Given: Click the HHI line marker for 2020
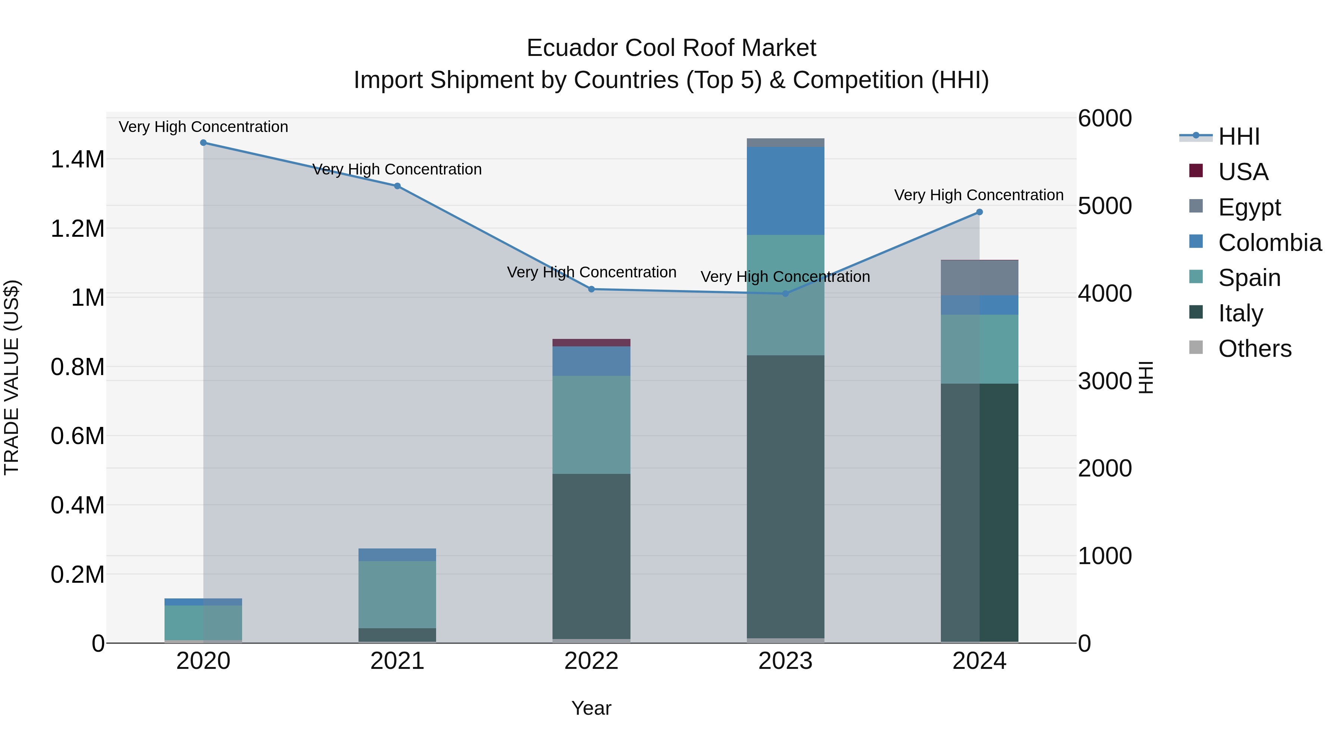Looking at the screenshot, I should [x=203, y=143].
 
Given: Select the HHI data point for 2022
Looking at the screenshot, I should [x=591, y=289].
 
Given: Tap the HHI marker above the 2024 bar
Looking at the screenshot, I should [x=979, y=212].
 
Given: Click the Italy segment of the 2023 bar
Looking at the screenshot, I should [x=785, y=495].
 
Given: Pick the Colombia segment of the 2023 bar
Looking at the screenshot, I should [x=785, y=190].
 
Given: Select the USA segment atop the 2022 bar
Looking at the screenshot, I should [x=591, y=342].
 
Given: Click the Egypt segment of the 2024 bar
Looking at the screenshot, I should [x=979, y=278].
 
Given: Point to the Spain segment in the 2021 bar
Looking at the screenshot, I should [x=397, y=594].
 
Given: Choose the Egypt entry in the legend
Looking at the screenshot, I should [x=1249, y=207].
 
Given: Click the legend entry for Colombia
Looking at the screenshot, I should [x=1270, y=243].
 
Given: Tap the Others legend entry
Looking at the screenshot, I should [x=1254, y=349].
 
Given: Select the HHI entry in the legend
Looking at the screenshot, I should [x=1239, y=136].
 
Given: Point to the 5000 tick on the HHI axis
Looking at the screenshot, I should [x=1104, y=206].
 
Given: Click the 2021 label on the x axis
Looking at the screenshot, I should [x=397, y=661].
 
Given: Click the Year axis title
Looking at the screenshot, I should [x=591, y=708].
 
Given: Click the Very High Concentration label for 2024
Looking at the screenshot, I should [x=979, y=195].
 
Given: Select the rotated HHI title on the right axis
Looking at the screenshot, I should [x=1145, y=377].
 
